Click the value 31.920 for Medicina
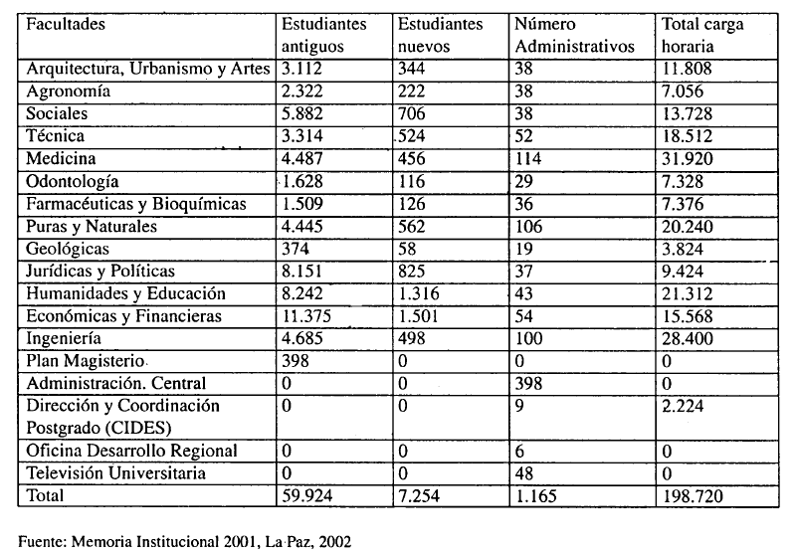[x=687, y=158]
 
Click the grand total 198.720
[x=692, y=495]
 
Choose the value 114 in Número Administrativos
[x=528, y=158]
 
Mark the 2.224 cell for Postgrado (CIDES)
[x=683, y=406]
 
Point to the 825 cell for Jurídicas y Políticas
[x=411, y=271]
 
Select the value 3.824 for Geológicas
[x=683, y=249]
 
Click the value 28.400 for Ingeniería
[x=687, y=339]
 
